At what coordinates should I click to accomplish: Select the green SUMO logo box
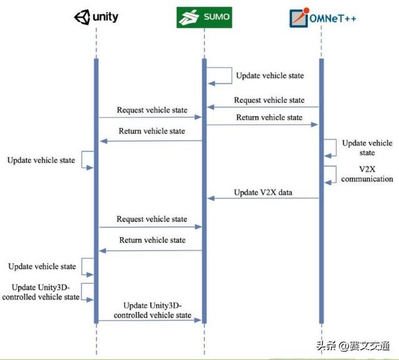click(203, 19)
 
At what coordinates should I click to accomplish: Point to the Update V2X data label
click(262, 192)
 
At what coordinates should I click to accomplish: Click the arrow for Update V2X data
click(262, 199)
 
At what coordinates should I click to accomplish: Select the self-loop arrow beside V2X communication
click(330, 173)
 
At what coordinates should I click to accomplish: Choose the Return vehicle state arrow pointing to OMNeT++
click(262, 125)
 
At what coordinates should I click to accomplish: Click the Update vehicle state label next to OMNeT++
click(367, 148)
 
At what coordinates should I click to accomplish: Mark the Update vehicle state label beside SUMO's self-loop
click(270, 76)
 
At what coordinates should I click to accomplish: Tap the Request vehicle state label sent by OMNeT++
click(269, 100)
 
